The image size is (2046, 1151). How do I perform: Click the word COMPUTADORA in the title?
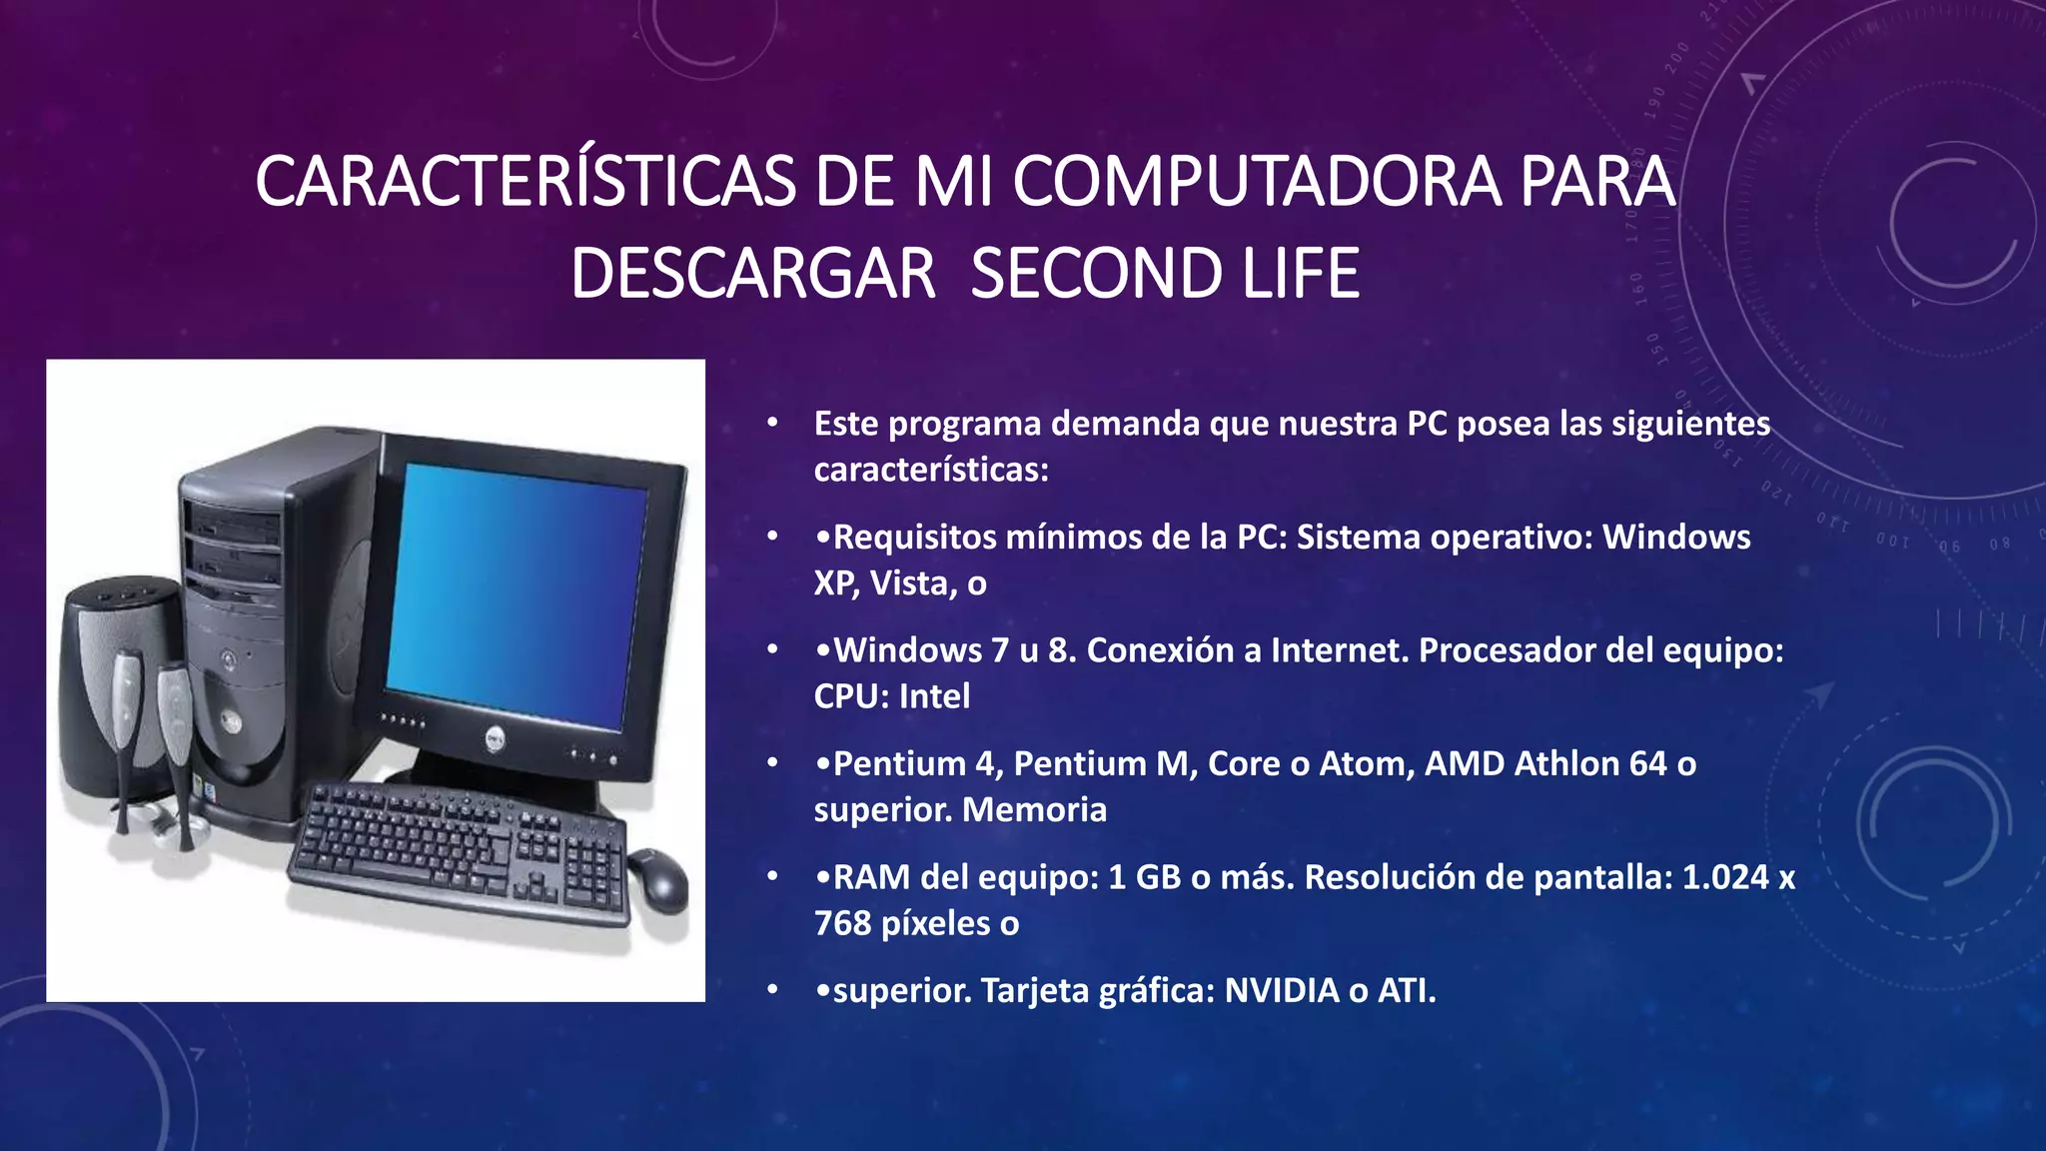coord(1257,182)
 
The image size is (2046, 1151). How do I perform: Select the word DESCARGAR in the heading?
coord(752,274)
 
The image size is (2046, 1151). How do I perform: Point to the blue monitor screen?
coord(515,593)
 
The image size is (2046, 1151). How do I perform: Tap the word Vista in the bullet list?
coord(910,583)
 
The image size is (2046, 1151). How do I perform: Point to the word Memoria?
coord(1034,810)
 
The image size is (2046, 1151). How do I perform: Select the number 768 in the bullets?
coord(842,924)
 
